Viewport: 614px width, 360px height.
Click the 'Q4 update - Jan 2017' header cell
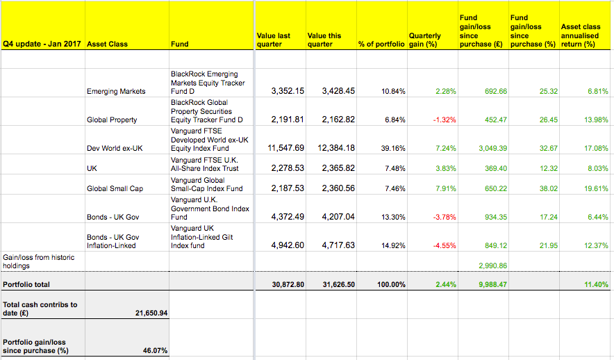pyautogui.click(x=42, y=44)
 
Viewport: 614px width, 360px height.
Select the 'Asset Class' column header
pyautogui.click(x=107, y=44)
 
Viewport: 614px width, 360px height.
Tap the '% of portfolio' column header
pyautogui.click(x=381, y=44)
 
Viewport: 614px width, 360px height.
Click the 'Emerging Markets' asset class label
pyautogui.click(x=116, y=91)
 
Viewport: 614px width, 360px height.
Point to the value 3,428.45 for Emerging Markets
pyautogui.click(x=338, y=91)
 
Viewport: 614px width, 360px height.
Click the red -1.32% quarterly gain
pyautogui.click(x=445, y=120)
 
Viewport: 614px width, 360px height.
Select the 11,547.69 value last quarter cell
pyautogui.click(x=286, y=148)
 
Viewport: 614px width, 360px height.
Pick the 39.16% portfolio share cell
pyautogui.click(x=393, y=149)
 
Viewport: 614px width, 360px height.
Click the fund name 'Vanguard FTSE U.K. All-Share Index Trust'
pyautogui.click(x=204, y=164)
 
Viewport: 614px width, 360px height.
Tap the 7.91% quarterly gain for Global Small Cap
pyautogui.click(x=446, y=189)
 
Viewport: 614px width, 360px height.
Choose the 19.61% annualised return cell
pyautogui.click(x=597, y=189)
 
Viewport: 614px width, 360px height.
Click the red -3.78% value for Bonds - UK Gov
pyautogui.click(x=445, y=217)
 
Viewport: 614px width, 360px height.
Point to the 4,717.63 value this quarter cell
pyautogui.click(x=338, y=245)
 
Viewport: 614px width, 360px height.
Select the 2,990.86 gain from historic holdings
pyautogui.click(x=493, y=265)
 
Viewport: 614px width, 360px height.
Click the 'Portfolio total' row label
pyautogui.click(x=26, y=284)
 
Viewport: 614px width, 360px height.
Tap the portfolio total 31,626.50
pyautogui.click(x=339, y=284)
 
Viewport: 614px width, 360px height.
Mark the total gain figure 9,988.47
pyautogui.click(x=493, y=284)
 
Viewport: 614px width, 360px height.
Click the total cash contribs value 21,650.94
pyautogui.click(x=151, y=313)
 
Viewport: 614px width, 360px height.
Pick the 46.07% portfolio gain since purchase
pyautogui.click(x=155, y=350)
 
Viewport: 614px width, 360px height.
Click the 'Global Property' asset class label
pyautogui.click(x=112, y=120)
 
